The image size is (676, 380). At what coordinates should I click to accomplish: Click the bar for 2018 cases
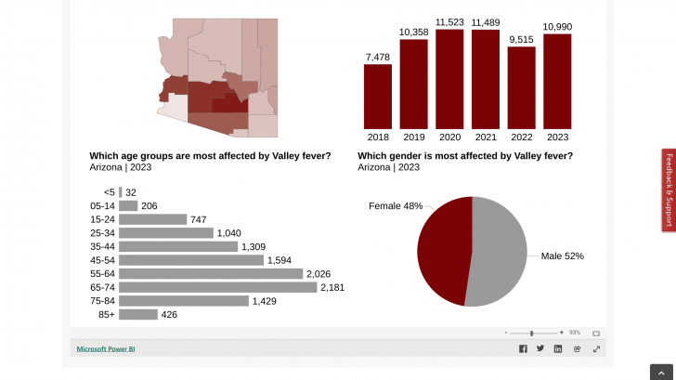tap(377, 96)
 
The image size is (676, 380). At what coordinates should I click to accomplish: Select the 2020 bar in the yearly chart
tap(449, 79)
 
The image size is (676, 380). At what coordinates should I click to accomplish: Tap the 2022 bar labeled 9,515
tap(521, 87)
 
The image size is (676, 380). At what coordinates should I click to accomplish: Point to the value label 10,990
tap(557, 27)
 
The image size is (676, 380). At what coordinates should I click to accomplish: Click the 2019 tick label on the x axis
tap(413, 138)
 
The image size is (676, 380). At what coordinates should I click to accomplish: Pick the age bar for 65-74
tap(218, 288)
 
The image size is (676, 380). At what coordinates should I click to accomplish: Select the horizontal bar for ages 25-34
tap(166, 233)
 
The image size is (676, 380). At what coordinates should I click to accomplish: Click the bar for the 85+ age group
tap(138, 315)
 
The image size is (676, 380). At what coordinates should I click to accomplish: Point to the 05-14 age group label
tap(102, 206)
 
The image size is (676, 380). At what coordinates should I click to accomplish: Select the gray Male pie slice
tap(501, 251)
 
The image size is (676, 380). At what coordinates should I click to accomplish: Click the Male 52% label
tap(563, 256)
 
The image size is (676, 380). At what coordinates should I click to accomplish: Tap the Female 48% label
tap(396, 205)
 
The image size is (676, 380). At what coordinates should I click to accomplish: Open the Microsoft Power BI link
tap(106, 349)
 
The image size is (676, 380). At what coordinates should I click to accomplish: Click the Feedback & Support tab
tap(669, 190)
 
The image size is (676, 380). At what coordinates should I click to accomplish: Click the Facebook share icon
tap(523, 349)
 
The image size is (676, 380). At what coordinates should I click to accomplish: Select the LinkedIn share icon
tap(558, 349)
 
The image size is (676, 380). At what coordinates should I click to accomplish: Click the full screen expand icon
tap(596, 349)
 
